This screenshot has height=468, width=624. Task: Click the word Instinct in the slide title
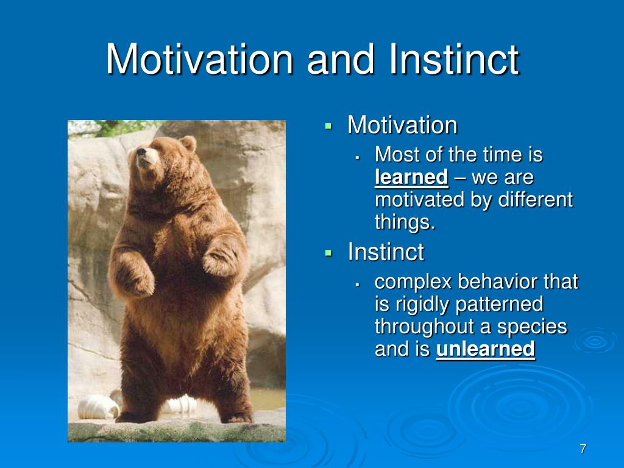point(454,59)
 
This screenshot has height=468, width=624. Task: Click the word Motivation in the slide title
point(200,59)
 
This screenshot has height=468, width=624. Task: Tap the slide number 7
point(583,448)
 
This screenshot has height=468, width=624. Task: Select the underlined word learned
point(411,177)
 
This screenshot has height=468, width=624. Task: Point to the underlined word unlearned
point(485,349)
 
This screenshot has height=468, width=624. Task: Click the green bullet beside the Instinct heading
point(328,253)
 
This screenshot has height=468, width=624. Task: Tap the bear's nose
point(141,151)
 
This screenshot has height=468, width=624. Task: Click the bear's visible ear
point(188,143)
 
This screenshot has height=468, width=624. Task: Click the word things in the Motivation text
point(405,222)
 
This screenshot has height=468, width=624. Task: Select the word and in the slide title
point(341,59)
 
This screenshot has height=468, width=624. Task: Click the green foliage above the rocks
point(119,127)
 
